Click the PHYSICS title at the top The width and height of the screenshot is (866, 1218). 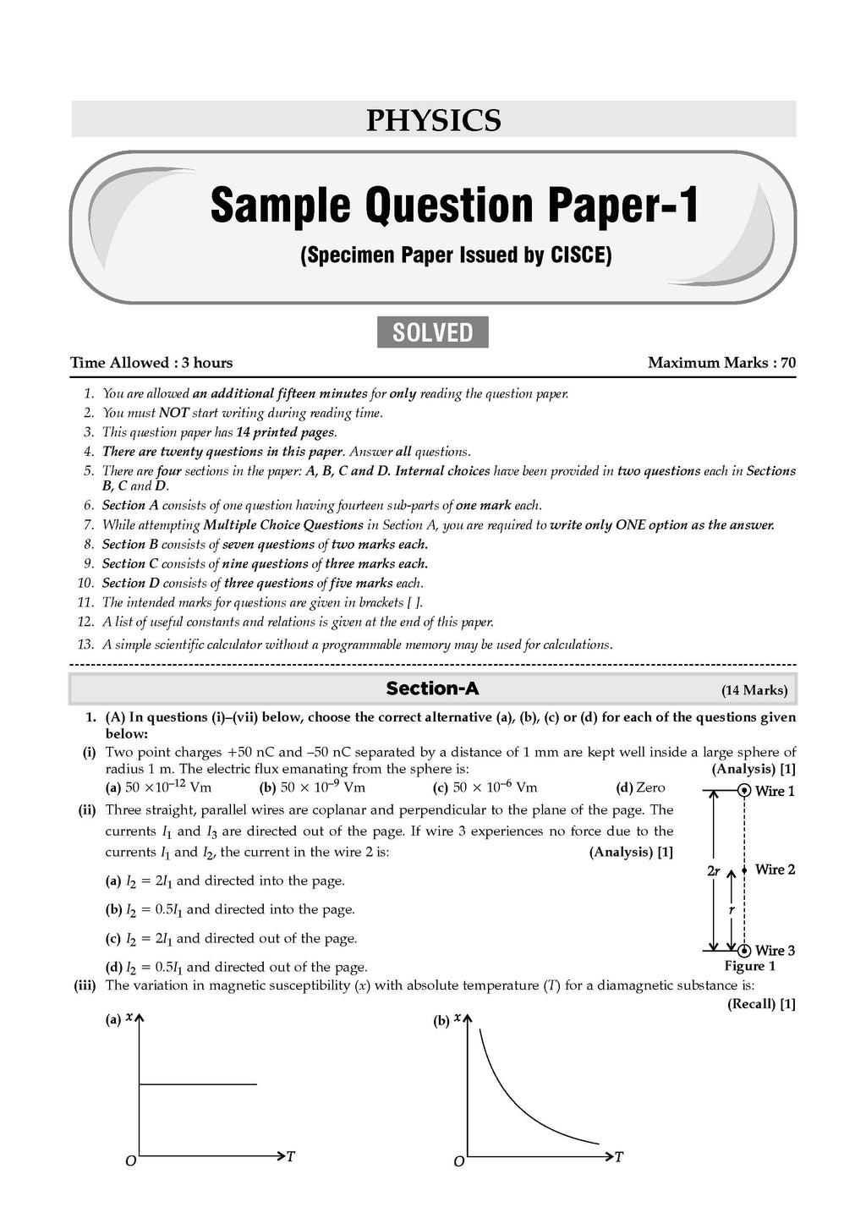pyautogui.click(x=433, y=120)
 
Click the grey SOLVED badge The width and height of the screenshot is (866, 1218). pyautogui.click(x=432, y=332)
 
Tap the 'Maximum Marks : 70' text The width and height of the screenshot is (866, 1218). pyautogui.click(x=721, y=363)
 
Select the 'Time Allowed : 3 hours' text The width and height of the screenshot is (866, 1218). pyautogui.click(x=151, y=363)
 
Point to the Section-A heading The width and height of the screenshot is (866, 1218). pyautogui.click(x=432, y=689)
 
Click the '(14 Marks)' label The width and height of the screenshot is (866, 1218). pyautogui.click(x=754, y=690)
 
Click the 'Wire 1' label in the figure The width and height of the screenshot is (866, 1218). pyautogui.click(x=775, y=792)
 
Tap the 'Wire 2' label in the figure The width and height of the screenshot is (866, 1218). pyautogui.click(x=775, y=870)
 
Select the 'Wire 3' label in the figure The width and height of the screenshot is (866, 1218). pyautogui.click(x=775, y=951)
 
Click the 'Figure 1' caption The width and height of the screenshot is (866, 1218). pyautogui.click(x=749, y=966)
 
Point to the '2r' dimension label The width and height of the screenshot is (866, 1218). pyautogui.click(x=713, y=870)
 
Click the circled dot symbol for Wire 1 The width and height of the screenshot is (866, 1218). pyautogui.click(x=743, y=791)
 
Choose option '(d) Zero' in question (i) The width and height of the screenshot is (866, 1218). pyautogui.click(x=640, y=787)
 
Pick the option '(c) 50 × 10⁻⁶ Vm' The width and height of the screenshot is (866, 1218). pyautogui.click(x=485, y=787)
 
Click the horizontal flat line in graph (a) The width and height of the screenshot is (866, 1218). pyautogui.click(x=197, y=1084)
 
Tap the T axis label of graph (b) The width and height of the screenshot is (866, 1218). pyautogui.click(x=618, y=1156)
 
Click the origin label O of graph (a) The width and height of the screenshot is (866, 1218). pyautogui.click(x=130, y=1161)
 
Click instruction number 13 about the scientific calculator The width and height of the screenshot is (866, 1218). pyautogui.click(x=355, y=645)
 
